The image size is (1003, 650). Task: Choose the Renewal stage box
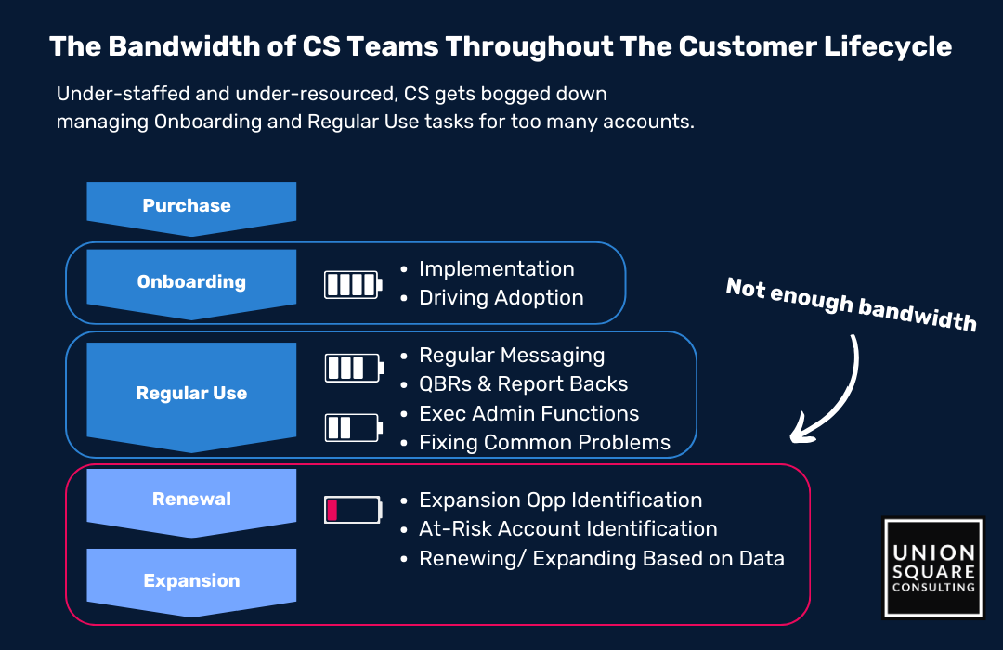(x=191, y=501)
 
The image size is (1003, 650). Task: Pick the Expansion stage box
(x=191, y=581)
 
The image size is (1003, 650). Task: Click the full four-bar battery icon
(x=353, y=284)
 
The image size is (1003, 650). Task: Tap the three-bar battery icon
(x=354, y=368)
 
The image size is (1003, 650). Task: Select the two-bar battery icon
(x=353, y=427)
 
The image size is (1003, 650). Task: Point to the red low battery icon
(x=353, y=510)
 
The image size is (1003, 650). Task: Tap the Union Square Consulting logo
(x=933, y=568)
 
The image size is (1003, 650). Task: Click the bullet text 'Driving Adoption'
(x=501, y=297)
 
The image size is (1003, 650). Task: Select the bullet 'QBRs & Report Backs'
(x=523, y=383)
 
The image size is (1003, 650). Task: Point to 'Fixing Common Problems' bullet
(x=544, y=442)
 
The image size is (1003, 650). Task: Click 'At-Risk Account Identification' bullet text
(x=568, y=528)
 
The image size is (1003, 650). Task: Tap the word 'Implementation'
(x=496, y=268)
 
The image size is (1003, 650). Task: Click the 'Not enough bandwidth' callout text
(x=851, y=305)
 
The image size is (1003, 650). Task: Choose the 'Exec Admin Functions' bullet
(x=529, y=413)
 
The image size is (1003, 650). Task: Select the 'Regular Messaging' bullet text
(x=512, y=355)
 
